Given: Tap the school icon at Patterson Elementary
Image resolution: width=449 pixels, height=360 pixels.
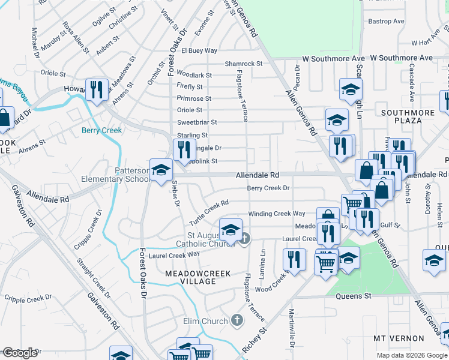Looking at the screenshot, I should tap(160, 170).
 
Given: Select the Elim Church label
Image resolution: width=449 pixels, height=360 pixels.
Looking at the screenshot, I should tap(206, 322).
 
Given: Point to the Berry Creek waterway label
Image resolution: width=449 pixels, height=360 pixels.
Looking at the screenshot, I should tap(101, 130).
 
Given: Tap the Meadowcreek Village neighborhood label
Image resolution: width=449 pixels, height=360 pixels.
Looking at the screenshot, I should tap(190, 277).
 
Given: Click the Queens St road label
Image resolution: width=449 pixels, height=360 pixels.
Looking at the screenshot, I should tap(354, 296).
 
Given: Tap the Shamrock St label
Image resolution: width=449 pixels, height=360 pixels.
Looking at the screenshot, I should tap(243, 64).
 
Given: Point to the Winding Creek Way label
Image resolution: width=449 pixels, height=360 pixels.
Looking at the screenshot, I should tap(277, 214).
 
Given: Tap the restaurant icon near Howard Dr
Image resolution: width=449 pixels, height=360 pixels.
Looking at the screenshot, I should tap(97, 90).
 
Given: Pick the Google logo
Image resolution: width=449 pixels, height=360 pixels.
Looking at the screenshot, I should tap(20, 353).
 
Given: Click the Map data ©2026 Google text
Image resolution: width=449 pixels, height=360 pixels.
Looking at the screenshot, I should tap(411, 355).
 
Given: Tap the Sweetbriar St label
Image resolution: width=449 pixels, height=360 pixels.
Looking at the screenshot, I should tap(197, 122).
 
